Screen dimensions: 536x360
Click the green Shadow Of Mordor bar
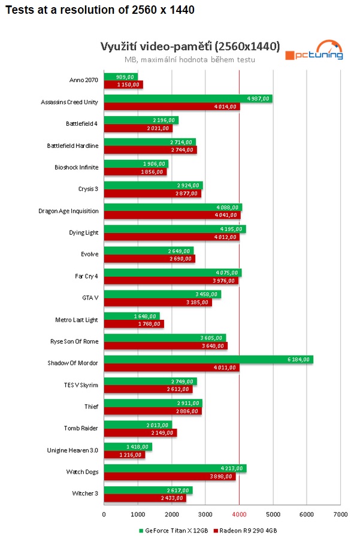(208, 359)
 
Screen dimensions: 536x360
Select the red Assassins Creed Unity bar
(172, 107)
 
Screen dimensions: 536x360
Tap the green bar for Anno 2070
(121, 77)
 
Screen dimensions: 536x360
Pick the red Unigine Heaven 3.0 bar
(125, 455)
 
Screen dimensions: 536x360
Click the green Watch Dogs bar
(175, 468)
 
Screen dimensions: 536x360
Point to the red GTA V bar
(158, 302)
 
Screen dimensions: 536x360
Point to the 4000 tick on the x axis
(239, 514)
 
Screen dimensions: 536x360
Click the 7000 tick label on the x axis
(340, 514)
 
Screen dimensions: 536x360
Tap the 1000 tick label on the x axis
(138, 514)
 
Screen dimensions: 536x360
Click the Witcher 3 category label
(84, 494)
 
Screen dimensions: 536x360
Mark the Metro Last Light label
(75, 320)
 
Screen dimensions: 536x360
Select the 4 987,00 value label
(258, 98)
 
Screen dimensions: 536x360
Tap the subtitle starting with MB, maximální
(190, 59)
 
